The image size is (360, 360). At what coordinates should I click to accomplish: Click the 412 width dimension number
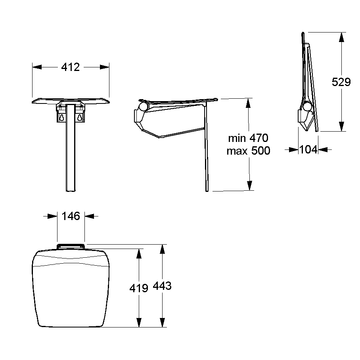[71, 67]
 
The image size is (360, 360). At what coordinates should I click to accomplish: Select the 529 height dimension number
[341, 82]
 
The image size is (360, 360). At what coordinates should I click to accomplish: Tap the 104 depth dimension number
[308, 150]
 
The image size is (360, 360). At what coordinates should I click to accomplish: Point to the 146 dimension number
[71, 216]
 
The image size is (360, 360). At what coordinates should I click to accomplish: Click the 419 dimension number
[139, 288]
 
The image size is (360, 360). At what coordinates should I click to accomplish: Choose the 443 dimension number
[162, 286]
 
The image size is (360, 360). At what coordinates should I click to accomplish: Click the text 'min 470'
[248, 138]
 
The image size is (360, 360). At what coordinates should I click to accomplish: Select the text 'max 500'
[248, 151]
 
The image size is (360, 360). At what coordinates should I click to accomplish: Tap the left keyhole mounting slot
[61, 117]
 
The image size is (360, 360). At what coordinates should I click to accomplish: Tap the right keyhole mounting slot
[79, 117]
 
